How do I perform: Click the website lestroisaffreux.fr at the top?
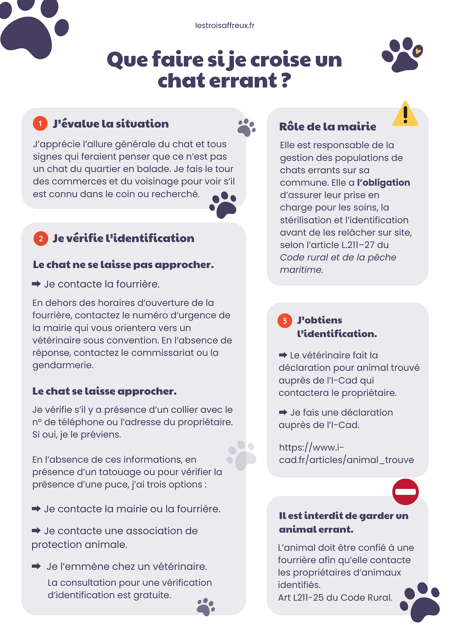click(225, 26)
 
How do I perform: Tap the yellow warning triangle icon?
click(405, 114)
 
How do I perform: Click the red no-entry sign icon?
click(405, 492)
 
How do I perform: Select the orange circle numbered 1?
click(40, 124)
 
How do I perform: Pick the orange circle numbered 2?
click(41, 238)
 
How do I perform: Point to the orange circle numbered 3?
click(285, 321)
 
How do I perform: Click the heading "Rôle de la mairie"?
click(328, 127)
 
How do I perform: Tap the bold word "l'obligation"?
click(383, 183)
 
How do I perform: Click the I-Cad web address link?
click(346, 454)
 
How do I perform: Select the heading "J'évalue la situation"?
click(111, 124)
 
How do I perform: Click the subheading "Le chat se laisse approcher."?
click(104, 391)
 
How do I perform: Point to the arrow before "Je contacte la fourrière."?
click(36, 284)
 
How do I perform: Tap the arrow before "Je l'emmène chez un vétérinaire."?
click(36, 566)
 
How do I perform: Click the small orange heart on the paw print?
click(418, 51)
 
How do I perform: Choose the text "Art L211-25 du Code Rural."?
click(335, 598)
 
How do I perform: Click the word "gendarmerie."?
click(63, 365)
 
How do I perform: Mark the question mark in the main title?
click(286, 80)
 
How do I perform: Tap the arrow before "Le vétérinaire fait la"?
click(283, 355)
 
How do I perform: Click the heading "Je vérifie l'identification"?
click(123, 238)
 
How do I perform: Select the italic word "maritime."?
click(301, 270)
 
